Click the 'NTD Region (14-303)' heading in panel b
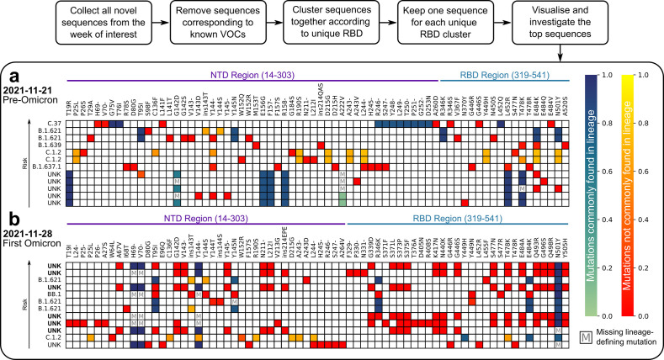coord(207,218)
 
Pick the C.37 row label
coord(56,124)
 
